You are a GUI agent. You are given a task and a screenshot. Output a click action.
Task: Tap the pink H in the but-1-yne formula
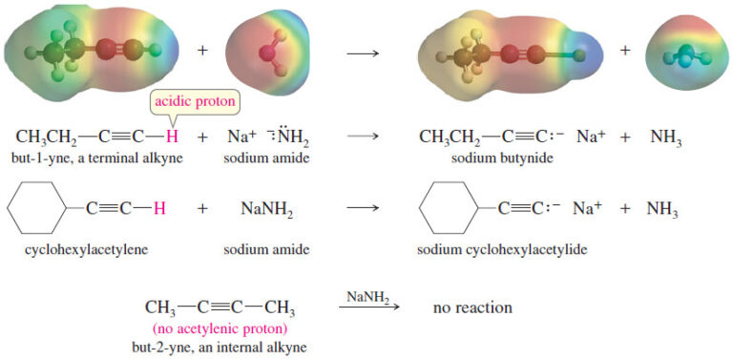[x=172, y=136]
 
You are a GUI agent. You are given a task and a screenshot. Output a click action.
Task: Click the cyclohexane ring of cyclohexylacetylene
[x=32, y=207]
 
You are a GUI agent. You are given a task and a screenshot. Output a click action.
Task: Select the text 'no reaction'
[x=472, y=307]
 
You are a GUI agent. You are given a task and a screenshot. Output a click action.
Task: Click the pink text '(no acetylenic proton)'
[x=220, y=328]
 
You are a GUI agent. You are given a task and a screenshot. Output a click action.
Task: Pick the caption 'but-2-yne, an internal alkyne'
[x=220, y=347]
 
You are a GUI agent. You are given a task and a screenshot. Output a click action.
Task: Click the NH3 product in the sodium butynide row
[x=665, y=137]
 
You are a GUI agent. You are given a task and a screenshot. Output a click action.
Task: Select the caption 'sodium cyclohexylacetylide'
[x=501, y=251]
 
